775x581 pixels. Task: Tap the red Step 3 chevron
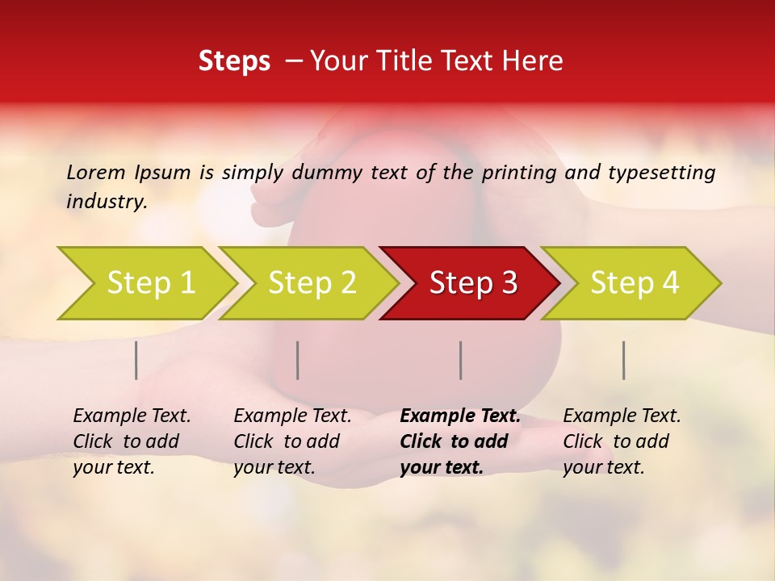click(473, 283)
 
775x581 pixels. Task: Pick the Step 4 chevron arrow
click(635, 283)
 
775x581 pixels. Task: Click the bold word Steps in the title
click(234, 61)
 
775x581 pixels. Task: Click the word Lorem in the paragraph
click(95, 172)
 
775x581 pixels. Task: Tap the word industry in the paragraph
click(107, 201)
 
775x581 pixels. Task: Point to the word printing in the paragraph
click(520, 172)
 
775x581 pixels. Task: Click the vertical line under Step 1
click(136, 360)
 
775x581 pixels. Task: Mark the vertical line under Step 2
click(298, 360)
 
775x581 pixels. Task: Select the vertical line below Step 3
click(460, 360)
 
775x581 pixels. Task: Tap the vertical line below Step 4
click(623, 360)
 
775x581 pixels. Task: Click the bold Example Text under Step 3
click(460, 416)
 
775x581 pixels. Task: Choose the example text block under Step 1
click(132, 441)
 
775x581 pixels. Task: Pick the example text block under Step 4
click(622, 441)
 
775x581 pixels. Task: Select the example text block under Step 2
click(292, 441)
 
